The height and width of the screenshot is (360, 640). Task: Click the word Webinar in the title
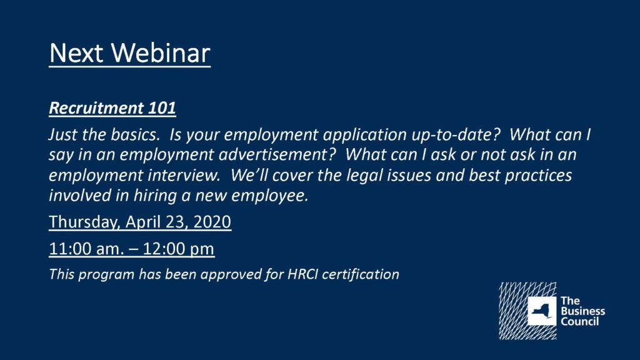tap(161, 52)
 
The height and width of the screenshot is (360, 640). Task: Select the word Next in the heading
tap(76, 52)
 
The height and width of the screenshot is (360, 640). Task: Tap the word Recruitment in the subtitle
tap(96, 107)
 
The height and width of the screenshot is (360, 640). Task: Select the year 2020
tap(212, 222)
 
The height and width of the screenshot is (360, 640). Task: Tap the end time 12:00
tap(164, 249)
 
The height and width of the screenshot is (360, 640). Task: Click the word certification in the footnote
tap(361, 274)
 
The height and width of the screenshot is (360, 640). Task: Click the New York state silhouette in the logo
tap(542, 311)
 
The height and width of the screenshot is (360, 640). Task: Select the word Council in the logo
tap(579, 321)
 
